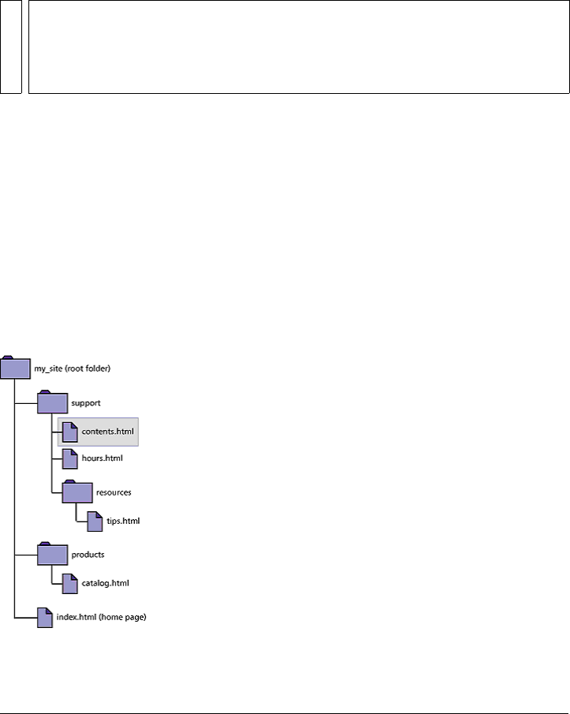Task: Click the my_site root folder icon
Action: click(x=15, y=368)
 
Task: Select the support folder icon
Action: click(x=52, y=403)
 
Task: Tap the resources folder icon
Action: click(x=77, y=492)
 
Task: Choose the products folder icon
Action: click(x=52, y=555)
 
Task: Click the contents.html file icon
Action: click(x=70, y=432)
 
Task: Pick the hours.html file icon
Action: click(x=70, y=458)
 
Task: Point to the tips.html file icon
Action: click(x=95, y=521)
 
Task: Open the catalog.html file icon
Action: click(x=70, y=584)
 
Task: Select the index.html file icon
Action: click(x=46, y=618)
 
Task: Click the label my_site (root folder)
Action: click(x=73, y=368)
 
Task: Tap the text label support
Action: click(x=85, y=403)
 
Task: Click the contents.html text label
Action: click(x=107, y=432)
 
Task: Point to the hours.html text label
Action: click(x=102, y=458)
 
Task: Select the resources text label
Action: click(x=113, y=492)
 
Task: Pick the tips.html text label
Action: click(x=123, y=521)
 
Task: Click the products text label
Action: click(x=88, y=555)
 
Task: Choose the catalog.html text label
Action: click(x=105, y=584)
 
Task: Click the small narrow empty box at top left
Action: click(x=10, y=47)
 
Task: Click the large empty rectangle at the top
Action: click(x=299, y=47)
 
